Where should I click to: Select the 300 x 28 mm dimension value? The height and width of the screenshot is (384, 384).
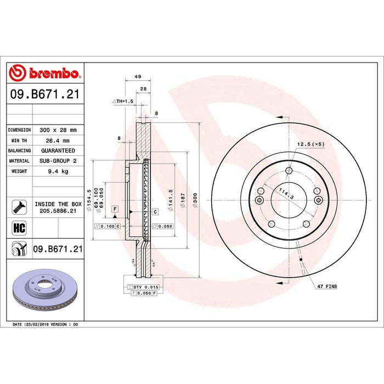[58, 130]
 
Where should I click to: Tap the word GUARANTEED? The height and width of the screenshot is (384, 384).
[58, 150]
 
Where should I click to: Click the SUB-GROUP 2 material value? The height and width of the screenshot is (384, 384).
[58, 161]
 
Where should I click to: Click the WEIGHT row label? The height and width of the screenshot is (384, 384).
[19, 171]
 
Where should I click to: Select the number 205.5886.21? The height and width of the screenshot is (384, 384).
[58, 211]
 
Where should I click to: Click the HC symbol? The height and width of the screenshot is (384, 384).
[18, 227]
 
